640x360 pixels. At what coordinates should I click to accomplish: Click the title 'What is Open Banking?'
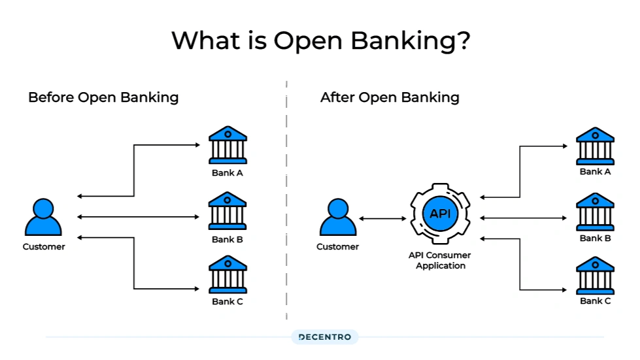click(x=320, y=41)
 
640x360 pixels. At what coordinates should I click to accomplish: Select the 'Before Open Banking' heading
click(x=103, y=98)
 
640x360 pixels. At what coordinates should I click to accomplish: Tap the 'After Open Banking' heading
click(x=390, y=98)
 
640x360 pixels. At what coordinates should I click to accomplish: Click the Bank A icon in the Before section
click(x=227, y=145)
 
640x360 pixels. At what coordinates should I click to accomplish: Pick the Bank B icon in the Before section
click(x=227, y=211)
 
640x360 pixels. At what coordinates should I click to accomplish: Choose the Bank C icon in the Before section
click(x=227, y=274)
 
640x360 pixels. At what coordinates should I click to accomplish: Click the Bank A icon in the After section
click(x=595, y=146)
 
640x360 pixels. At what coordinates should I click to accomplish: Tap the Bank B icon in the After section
click(x=595, y=211)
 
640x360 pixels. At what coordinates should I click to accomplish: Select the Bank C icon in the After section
click(x=595, y=274)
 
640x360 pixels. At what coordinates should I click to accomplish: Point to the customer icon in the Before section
click(x=43, y=218)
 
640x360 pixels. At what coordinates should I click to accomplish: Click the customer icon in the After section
click(x=337, y=218)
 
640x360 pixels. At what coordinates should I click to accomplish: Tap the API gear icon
click(x=441, y=214)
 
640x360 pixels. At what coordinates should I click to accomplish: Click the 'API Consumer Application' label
click(x=441, y=261)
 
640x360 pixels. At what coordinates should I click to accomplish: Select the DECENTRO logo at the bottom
click(x=324, y=337)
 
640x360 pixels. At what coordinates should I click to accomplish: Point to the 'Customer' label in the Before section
click(x=44, y=247)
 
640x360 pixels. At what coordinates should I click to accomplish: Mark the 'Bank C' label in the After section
click(x=595, y=301)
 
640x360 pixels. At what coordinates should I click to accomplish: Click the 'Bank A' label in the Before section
click(x=227, y=173)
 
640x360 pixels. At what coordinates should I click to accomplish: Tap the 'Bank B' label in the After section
click(x=595, y=238)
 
